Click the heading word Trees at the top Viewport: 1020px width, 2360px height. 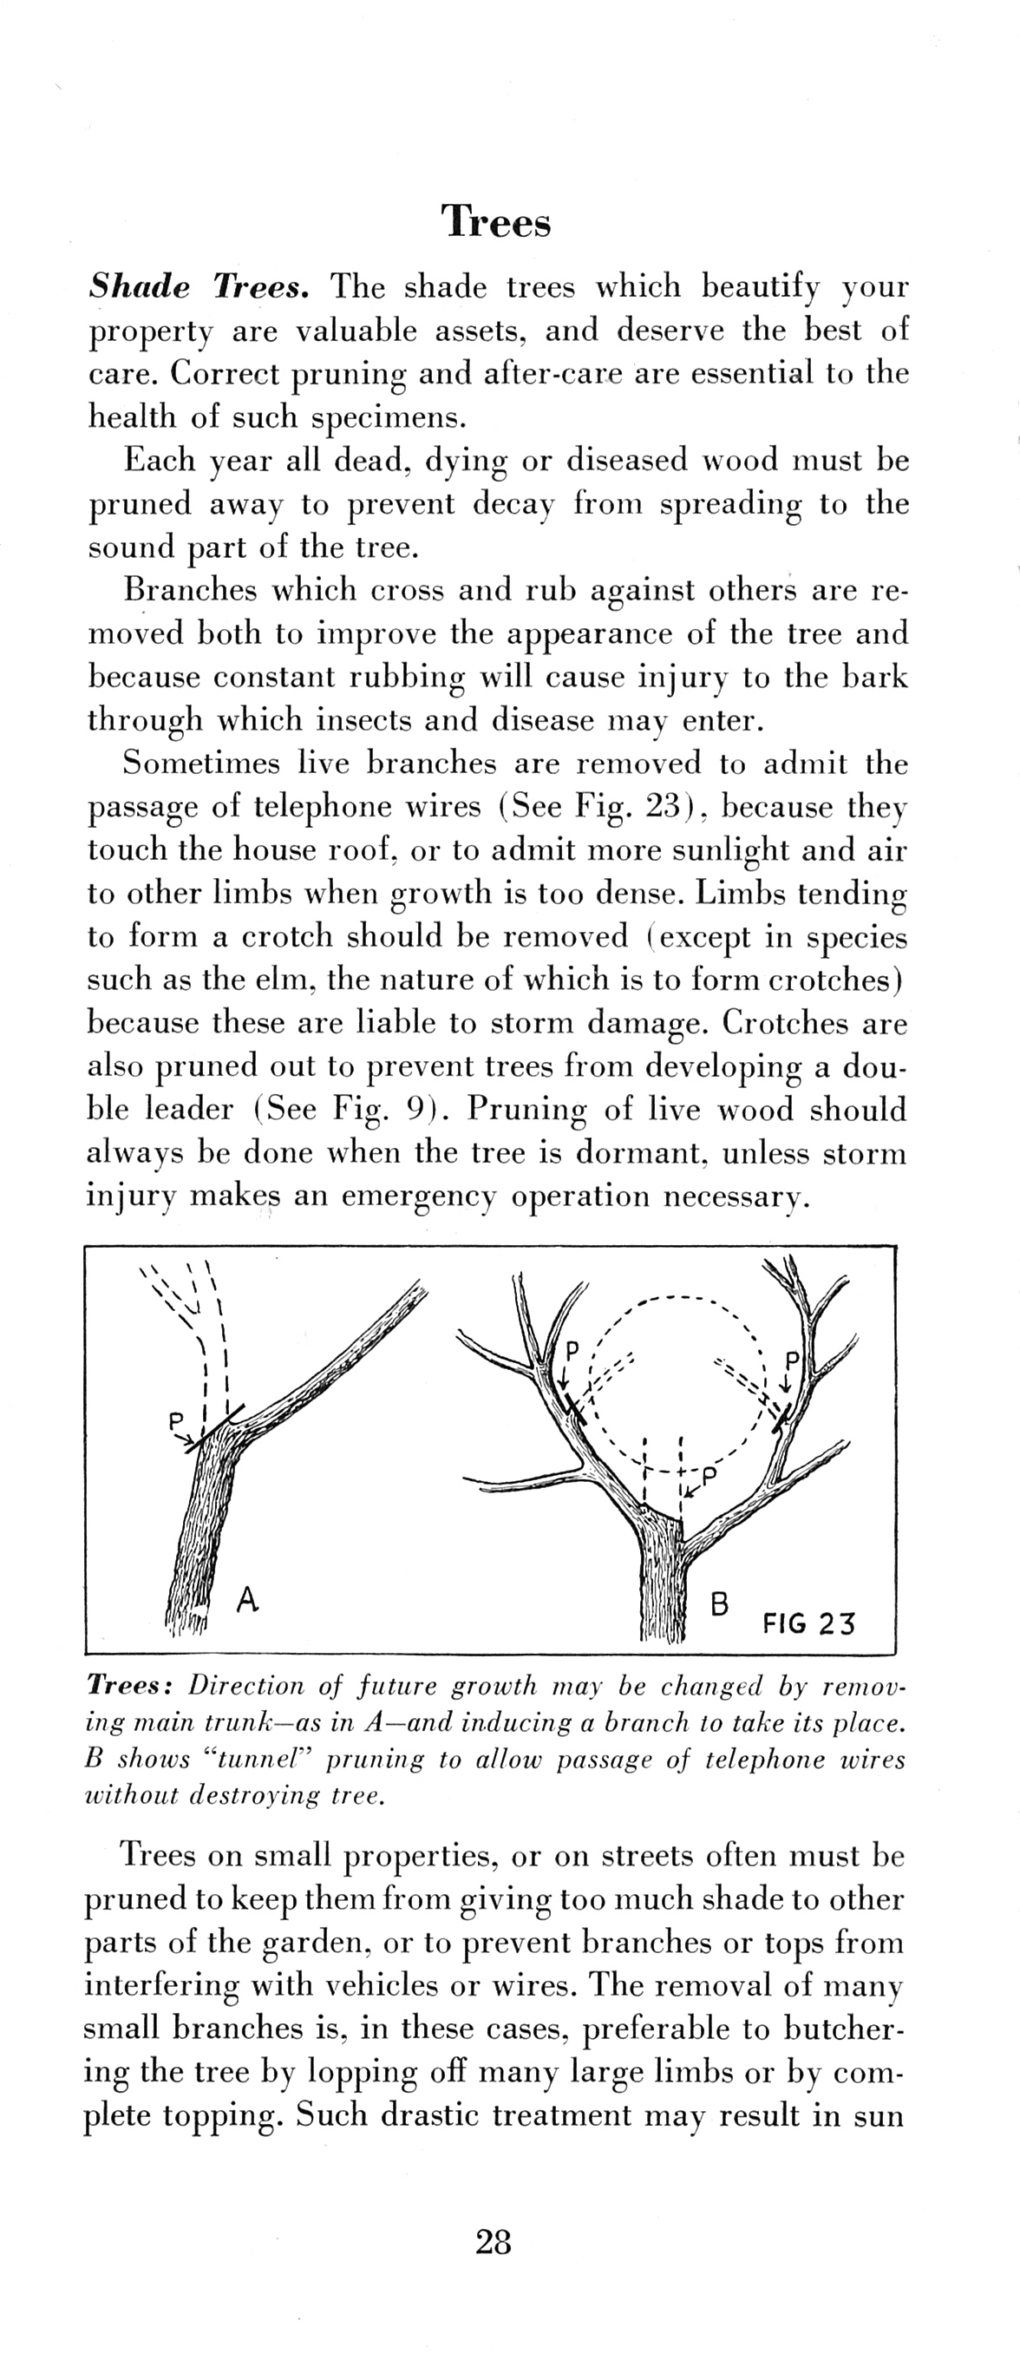(496, 222)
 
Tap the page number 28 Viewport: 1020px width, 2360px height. (494, 2242)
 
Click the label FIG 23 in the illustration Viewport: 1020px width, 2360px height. (807, 1623)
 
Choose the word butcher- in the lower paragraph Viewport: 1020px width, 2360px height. (844, 2029)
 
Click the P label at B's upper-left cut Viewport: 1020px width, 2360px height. (572, 1350)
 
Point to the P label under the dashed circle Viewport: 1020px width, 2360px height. (708, 1474)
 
